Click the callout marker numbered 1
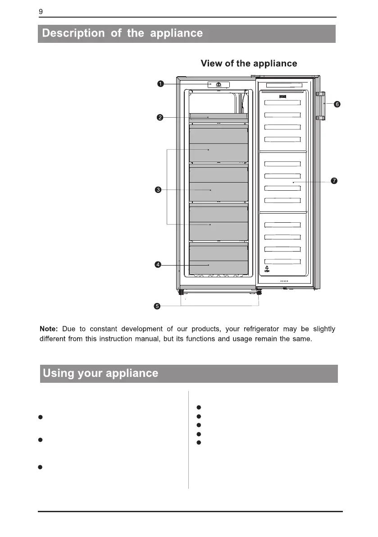click(160, 83)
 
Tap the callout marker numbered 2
click(159, 118)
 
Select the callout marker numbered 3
click(158, 190)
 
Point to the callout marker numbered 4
click(158, 265)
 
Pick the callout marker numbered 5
click(157, 306)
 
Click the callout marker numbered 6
click(337, 104)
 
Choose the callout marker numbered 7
click(334, 181)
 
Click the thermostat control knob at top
click(218, 85)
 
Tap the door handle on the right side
click(320, 106)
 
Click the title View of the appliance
click(249, 63)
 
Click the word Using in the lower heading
click(59, 373)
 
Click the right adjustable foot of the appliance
click(258, 293)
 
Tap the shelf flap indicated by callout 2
click(219, 116)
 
